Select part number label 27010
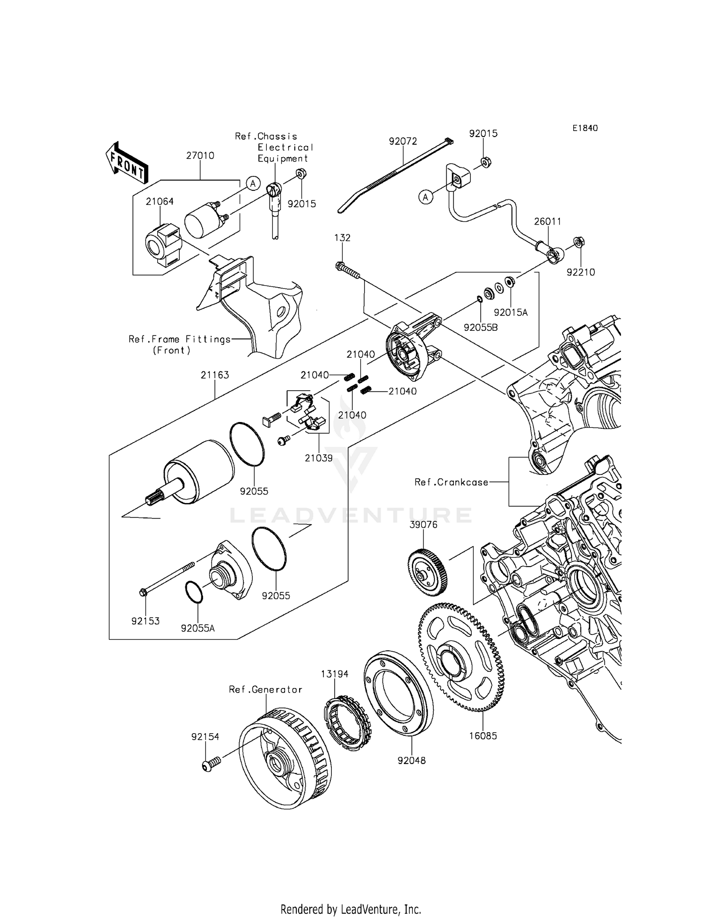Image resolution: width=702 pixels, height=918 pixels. [200, 155]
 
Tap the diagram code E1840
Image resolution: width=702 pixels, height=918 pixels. [584, 128]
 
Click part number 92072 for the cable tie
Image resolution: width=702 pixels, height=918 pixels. [403, 141]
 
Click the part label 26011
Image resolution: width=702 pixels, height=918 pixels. [548, 221]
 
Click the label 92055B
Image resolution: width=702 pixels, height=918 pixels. [481, 328]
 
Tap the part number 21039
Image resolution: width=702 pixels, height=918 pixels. [319, 458]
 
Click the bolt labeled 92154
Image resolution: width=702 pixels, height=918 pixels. [208, 766]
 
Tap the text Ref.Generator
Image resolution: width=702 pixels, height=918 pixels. [265, 689]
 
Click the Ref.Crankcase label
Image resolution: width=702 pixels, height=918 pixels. [451, 482]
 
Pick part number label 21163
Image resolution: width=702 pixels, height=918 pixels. [215, 375]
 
